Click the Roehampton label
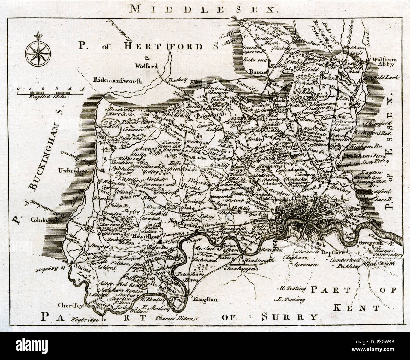(x=242, y=269)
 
